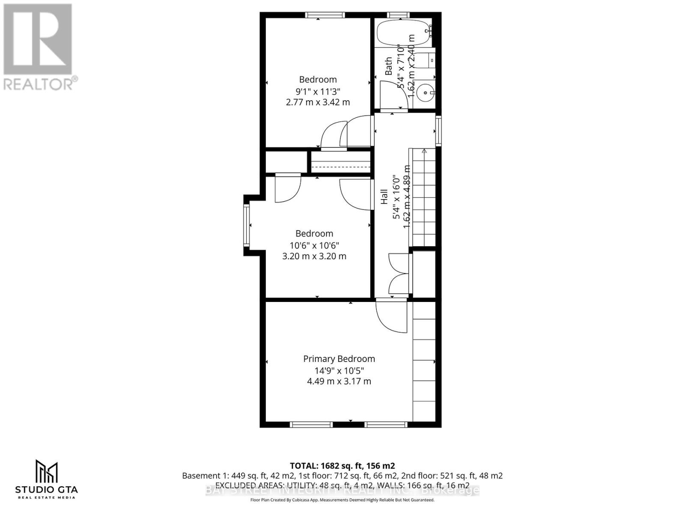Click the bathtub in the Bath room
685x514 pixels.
point(403,33)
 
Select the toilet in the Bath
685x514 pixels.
point(426,60)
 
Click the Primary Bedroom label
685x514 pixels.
point(339,359)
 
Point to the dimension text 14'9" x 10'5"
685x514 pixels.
point(339,371)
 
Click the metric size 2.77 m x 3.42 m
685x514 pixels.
point(318,102)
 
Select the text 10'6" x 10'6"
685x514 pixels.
point(314,245)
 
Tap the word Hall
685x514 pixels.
point(384,197)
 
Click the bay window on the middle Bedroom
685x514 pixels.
point(247,225)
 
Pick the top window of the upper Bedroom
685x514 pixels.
point(325,15)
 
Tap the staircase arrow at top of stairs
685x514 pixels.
point(424,151)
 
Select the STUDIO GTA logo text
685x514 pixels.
point(47,489)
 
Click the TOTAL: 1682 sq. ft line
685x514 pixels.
point(342,466)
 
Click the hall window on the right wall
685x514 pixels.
point(438,131)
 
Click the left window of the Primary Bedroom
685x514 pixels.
point(311,424)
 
